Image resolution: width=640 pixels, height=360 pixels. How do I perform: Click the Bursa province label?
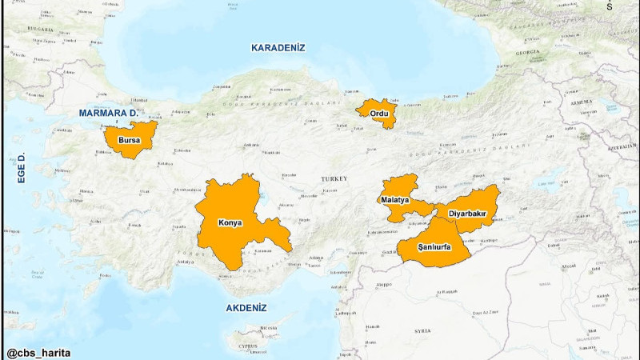click(129, 141)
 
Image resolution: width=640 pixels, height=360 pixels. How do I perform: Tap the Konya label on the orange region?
click(231, 222)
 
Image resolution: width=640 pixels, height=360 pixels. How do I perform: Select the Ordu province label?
click(378, 114)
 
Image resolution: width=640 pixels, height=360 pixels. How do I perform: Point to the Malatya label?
click(395, 199)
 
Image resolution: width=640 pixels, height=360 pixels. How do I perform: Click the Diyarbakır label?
click(468, 214)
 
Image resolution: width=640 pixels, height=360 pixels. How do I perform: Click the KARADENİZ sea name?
click(278, 48)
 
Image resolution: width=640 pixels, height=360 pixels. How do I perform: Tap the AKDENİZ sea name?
click(246, 308)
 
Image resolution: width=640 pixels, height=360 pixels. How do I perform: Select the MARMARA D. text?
click(108, 113)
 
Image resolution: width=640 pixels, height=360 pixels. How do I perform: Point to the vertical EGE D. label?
click(22, 168)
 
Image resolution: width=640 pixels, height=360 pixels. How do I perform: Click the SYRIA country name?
click(422, 330)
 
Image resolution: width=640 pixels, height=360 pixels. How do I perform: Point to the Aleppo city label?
click(385, 284)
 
